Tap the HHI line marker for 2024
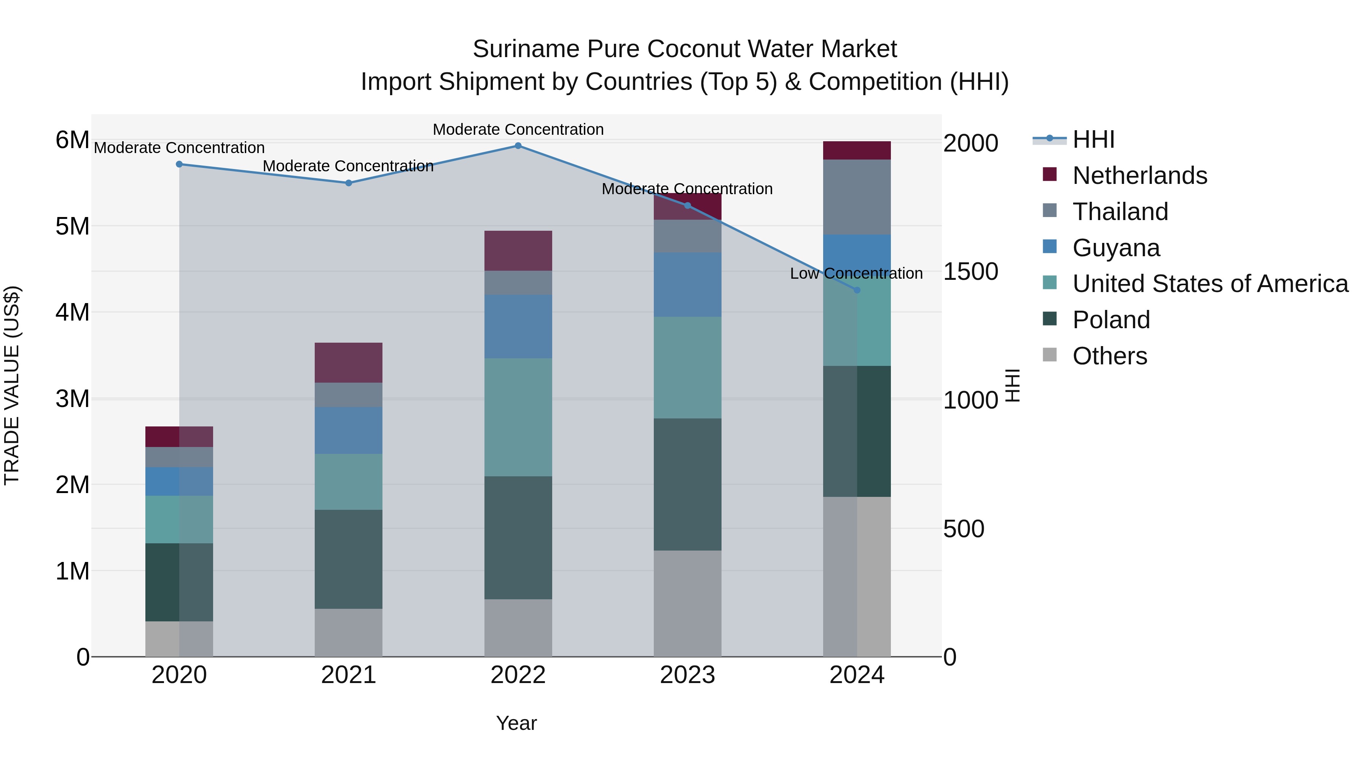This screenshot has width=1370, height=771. coord(857,290)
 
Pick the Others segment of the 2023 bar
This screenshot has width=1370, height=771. coord(687,603)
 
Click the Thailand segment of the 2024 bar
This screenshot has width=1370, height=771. coord(857,197)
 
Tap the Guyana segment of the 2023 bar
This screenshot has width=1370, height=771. coord(687,285)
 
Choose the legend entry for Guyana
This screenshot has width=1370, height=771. coord(1116,248)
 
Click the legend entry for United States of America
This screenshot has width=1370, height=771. coord(1210,284)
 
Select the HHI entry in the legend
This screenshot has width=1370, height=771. coord(1093,139)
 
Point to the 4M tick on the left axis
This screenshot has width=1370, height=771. coord(72,312)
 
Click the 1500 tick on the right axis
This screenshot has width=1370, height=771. coord(970,272)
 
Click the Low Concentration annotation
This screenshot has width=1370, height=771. coord(856,273)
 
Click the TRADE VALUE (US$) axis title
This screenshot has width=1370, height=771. coord(12,385)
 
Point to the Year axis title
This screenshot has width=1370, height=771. coord(516,723)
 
